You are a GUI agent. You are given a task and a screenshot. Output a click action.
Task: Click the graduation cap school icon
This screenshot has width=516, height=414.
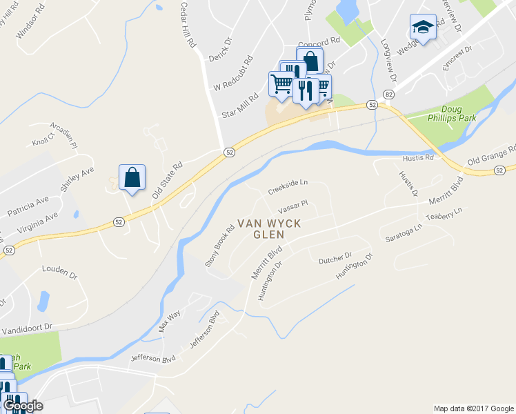[422, 27]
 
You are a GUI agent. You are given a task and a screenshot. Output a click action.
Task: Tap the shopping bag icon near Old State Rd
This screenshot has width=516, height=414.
[132, 178]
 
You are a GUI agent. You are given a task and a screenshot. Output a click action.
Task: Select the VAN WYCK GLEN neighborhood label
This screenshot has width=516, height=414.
[260, 229]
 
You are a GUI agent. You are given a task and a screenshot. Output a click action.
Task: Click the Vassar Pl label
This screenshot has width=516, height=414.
[292, 206]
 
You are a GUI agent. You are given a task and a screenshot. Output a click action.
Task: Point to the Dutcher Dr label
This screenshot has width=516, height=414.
[335, 258]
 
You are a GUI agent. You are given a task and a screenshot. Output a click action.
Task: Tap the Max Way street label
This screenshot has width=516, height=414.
[169, 322]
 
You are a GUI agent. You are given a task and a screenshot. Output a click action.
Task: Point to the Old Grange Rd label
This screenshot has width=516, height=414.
[491, 156]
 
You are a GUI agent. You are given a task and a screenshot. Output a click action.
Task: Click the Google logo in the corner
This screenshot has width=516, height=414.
[22, 406]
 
